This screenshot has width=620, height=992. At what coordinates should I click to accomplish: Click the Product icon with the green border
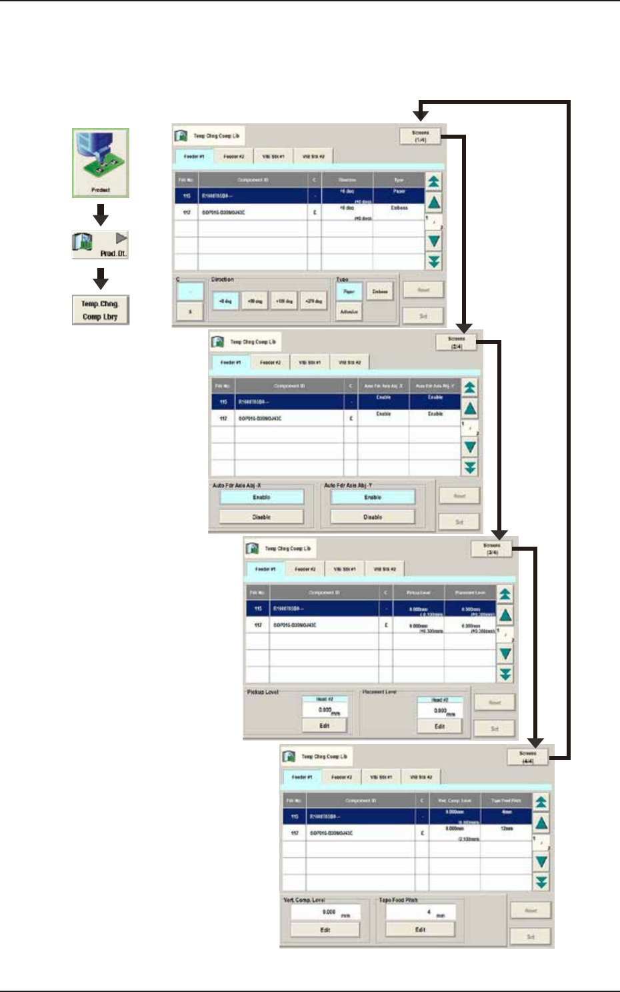101,163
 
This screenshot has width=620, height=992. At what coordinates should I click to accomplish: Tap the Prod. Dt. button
101,245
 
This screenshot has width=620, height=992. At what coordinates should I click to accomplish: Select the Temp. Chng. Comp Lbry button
101,310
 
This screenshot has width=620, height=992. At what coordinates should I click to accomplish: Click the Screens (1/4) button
420,136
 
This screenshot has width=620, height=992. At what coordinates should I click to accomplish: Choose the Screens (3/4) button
492,549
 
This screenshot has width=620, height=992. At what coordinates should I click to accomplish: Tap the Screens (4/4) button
528,757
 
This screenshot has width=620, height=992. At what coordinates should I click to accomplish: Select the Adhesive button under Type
349,311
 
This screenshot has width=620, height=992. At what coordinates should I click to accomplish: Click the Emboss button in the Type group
380,291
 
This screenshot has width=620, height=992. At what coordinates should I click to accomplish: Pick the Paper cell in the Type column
399,191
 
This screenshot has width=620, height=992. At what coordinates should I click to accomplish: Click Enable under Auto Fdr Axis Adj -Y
373,497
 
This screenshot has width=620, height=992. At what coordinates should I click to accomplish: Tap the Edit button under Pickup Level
325,726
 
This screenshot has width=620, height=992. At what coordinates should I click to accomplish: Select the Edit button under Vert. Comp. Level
325,930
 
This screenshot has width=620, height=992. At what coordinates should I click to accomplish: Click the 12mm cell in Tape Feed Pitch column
507,829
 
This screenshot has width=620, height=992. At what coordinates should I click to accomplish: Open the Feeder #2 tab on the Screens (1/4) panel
234,157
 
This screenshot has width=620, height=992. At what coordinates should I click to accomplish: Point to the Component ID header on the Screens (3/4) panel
325,593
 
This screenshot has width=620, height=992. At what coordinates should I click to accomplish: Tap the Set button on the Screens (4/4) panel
531,937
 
